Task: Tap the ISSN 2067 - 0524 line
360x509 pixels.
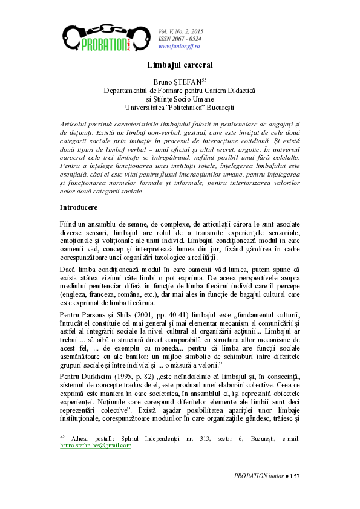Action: click(x=180, y=38)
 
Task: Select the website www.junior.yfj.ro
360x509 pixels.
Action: click(x=179, y=46)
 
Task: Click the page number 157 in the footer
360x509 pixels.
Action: click(x=295, y=477)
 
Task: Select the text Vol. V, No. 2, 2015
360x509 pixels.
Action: click(x=181, y=30)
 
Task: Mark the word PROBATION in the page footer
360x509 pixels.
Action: click(x=250, y=477)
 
